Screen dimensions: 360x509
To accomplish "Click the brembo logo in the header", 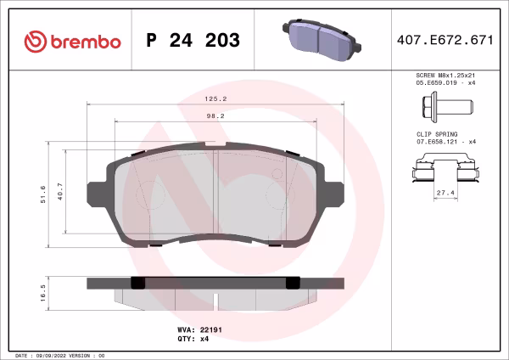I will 66,41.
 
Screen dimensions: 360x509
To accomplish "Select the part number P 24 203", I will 193,41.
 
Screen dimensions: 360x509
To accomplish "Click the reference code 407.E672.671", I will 445,41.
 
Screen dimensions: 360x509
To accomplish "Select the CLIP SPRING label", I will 437,134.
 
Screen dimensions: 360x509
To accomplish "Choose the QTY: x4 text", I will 193,338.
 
